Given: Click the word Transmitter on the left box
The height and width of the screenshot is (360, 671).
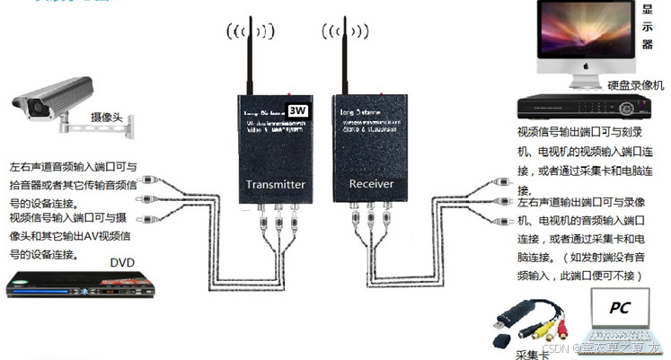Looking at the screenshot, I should click(x=276, y=185).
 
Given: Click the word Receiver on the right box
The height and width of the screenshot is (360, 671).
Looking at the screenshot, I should click(x=371, y=184).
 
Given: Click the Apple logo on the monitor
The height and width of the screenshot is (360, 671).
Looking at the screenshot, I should click(x=585, y=66).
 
